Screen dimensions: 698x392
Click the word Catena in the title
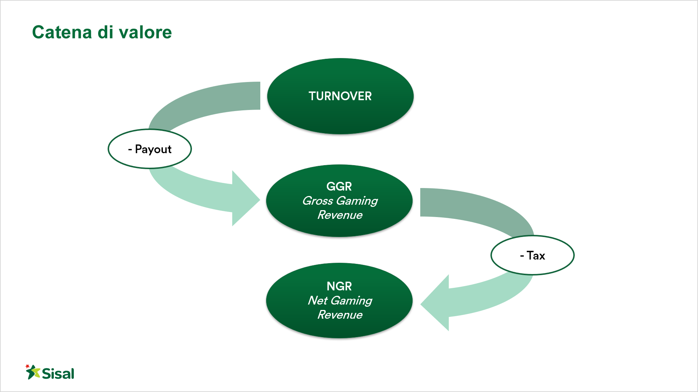[x=62, y=32]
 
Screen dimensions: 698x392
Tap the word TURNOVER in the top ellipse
[x=340, y=96]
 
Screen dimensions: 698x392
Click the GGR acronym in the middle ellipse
[x=339, y=186]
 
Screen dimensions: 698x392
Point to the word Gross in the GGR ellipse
[x=318, y=201]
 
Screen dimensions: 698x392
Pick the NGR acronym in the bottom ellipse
[x=339, y=286]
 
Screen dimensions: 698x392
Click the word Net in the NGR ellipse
[x=318, y=301]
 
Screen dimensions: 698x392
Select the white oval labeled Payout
[x=150, y=149]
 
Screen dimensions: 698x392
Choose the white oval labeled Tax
[x=533, y=255]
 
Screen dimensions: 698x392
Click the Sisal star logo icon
[x=33, y=372]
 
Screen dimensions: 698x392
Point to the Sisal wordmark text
[x=58, y=373]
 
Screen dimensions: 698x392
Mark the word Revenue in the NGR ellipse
[x=340, y=315]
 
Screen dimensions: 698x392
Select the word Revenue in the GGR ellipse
[x=340, y=215]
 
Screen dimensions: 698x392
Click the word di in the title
[x=105, y=32]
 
